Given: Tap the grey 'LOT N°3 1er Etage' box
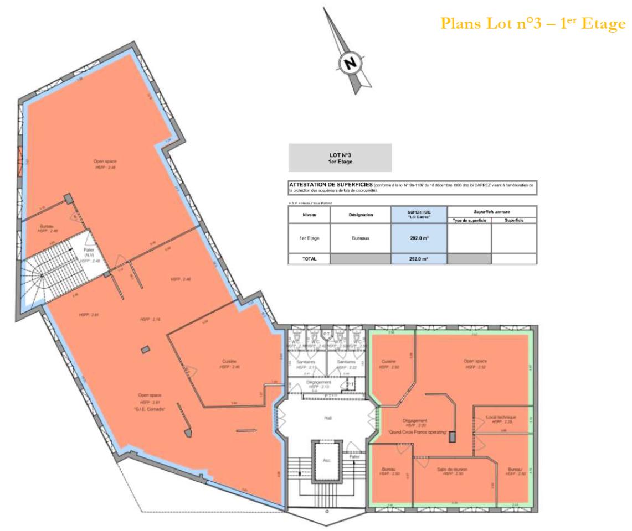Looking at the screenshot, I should point(340,158).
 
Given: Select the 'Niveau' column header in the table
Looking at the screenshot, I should point(309,215).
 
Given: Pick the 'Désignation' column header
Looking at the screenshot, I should point(361,215).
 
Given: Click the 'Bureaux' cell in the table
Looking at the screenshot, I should point(361,238).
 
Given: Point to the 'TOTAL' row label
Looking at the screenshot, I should point(309,258).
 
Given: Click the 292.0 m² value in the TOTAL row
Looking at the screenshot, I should point(419,258).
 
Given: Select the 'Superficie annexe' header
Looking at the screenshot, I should point(491,211).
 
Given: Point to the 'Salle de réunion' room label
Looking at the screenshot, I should point(452,469).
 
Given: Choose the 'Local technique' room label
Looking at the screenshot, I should point(501,417).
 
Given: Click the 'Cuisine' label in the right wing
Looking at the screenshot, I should point(388,361).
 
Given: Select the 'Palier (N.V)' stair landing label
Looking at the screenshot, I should point(89,252).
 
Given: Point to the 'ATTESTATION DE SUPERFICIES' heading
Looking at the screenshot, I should point(331,184).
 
